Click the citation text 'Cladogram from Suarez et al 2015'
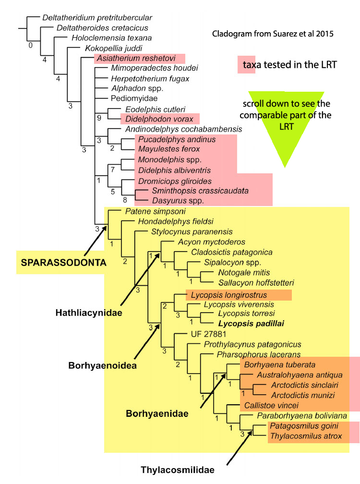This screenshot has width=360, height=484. pyautogui.click(x=272, y=34)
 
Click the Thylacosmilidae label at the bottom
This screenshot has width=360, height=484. pyautogui.click(x=177, y=469)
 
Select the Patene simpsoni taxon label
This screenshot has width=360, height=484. pyautogui.click(x=148, y=211)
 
